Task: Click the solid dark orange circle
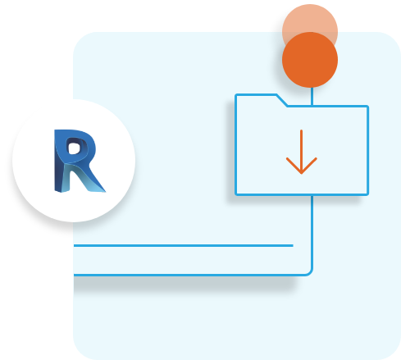[310, 60]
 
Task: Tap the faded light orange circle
[310, 19]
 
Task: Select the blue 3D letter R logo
[80, 161]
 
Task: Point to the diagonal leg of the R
[89, 178]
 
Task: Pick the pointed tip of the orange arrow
[301, 174]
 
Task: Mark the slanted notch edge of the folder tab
[282, 100]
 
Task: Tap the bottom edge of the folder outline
[302, 194]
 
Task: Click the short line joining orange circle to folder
[312, 96]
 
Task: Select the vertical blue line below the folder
[312, 232]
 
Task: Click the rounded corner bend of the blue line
[309, 272]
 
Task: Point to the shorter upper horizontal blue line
[184, 245]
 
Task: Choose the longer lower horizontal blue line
[189, 275]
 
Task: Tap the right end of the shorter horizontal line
[293, 245]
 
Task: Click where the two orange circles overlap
[310, 46]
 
